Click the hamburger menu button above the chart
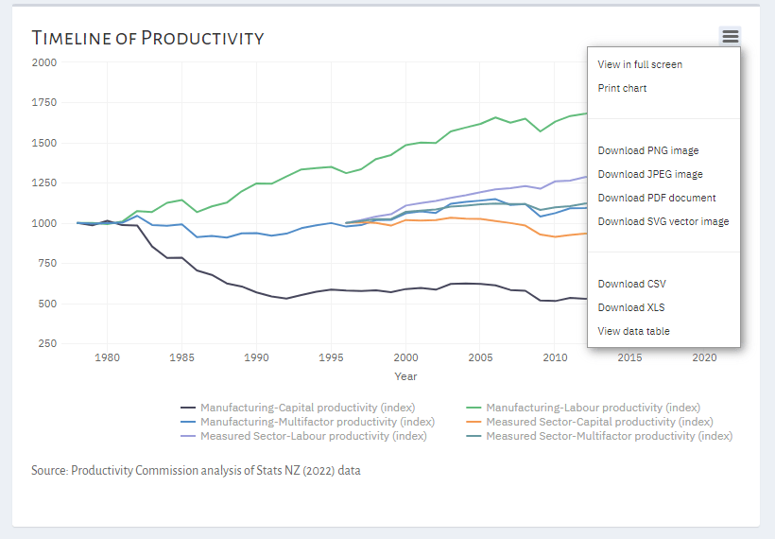point(730,37)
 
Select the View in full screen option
point(640,64)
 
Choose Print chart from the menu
point(622,88)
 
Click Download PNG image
point(648,150)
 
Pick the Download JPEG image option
point(650,174)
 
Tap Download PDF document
point(657,198)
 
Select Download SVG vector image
point(663,221)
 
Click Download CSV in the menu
point(632,284)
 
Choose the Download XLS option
point(631,307)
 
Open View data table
point(634,331)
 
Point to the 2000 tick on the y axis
point(44,62)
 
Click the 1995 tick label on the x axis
point(330,358)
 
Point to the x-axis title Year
point(405,376)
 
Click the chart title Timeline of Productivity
point(147,38)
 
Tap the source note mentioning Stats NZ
point(196,470)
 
